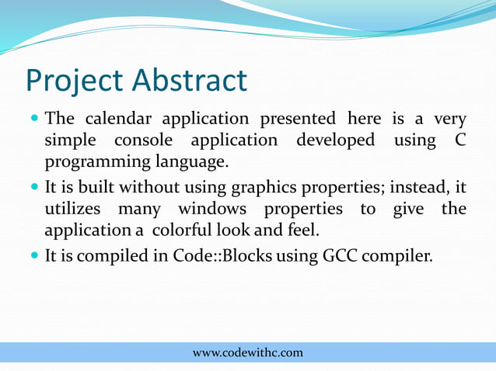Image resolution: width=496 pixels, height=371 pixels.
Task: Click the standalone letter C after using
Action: pos(458,141)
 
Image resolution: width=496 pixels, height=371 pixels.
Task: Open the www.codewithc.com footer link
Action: pos(248,353)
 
